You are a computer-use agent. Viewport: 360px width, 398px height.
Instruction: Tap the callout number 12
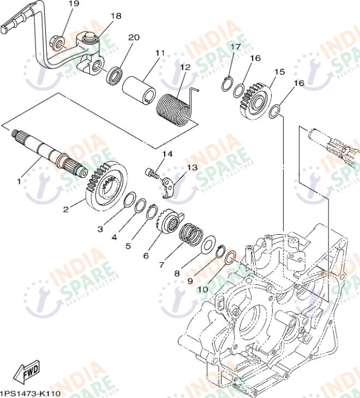click(185, 67)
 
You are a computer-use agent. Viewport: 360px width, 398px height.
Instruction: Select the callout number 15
click(279, 72)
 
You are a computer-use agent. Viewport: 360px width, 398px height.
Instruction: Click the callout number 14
click(167, 155)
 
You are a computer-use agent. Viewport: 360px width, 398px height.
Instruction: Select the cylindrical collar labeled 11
click(140, 88)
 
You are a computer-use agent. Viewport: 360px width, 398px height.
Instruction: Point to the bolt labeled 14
click(153, 174)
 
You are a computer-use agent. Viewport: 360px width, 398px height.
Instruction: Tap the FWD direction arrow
click(26, 372)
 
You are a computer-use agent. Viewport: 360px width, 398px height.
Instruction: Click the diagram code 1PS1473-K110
click(30, 393)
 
